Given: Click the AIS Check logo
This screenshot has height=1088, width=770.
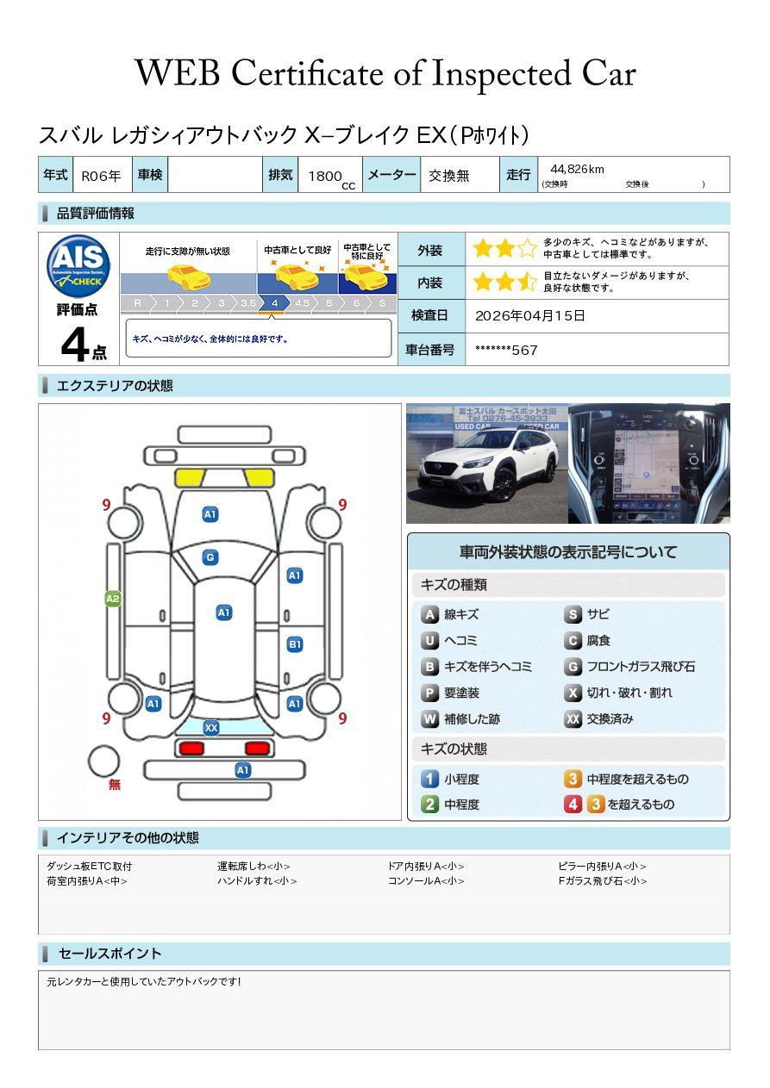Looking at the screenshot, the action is tap(78, 266).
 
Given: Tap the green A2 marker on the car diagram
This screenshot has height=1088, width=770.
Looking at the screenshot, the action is tap(113, 599).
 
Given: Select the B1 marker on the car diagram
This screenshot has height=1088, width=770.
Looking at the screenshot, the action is tap(295, 644).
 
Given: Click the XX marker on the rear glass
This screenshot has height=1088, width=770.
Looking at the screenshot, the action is tap(211, 728).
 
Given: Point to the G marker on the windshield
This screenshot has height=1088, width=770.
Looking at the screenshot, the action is tap(210, 557).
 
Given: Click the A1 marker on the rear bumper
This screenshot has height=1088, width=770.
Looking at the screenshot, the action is tap(242, 770).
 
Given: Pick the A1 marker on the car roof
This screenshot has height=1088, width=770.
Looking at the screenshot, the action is tap(223, 612).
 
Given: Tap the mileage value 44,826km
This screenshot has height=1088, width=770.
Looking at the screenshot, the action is tap(577, 169).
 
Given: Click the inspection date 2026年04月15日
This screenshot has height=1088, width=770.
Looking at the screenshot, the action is tap(530, 315).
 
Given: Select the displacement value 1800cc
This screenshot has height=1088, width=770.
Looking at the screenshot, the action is tap(331, 177).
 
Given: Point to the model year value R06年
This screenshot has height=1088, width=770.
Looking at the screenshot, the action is tap(101, 176).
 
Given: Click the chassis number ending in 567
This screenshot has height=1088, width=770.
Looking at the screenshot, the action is tap(506, 351).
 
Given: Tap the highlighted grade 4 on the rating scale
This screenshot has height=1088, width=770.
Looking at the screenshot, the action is tap(274, 303).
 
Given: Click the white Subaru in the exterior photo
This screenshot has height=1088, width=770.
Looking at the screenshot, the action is tap(487, 467).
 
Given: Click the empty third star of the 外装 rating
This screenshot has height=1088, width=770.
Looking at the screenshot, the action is tap(527, 249).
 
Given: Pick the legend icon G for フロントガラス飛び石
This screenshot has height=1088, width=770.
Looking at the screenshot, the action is tap(573, 667).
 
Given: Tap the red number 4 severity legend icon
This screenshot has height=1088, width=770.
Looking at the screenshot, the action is tap(573, 804).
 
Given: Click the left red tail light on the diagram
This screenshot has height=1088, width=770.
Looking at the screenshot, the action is tap(191, 748).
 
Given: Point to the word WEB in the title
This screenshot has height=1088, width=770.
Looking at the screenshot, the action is tap(178, 73).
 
